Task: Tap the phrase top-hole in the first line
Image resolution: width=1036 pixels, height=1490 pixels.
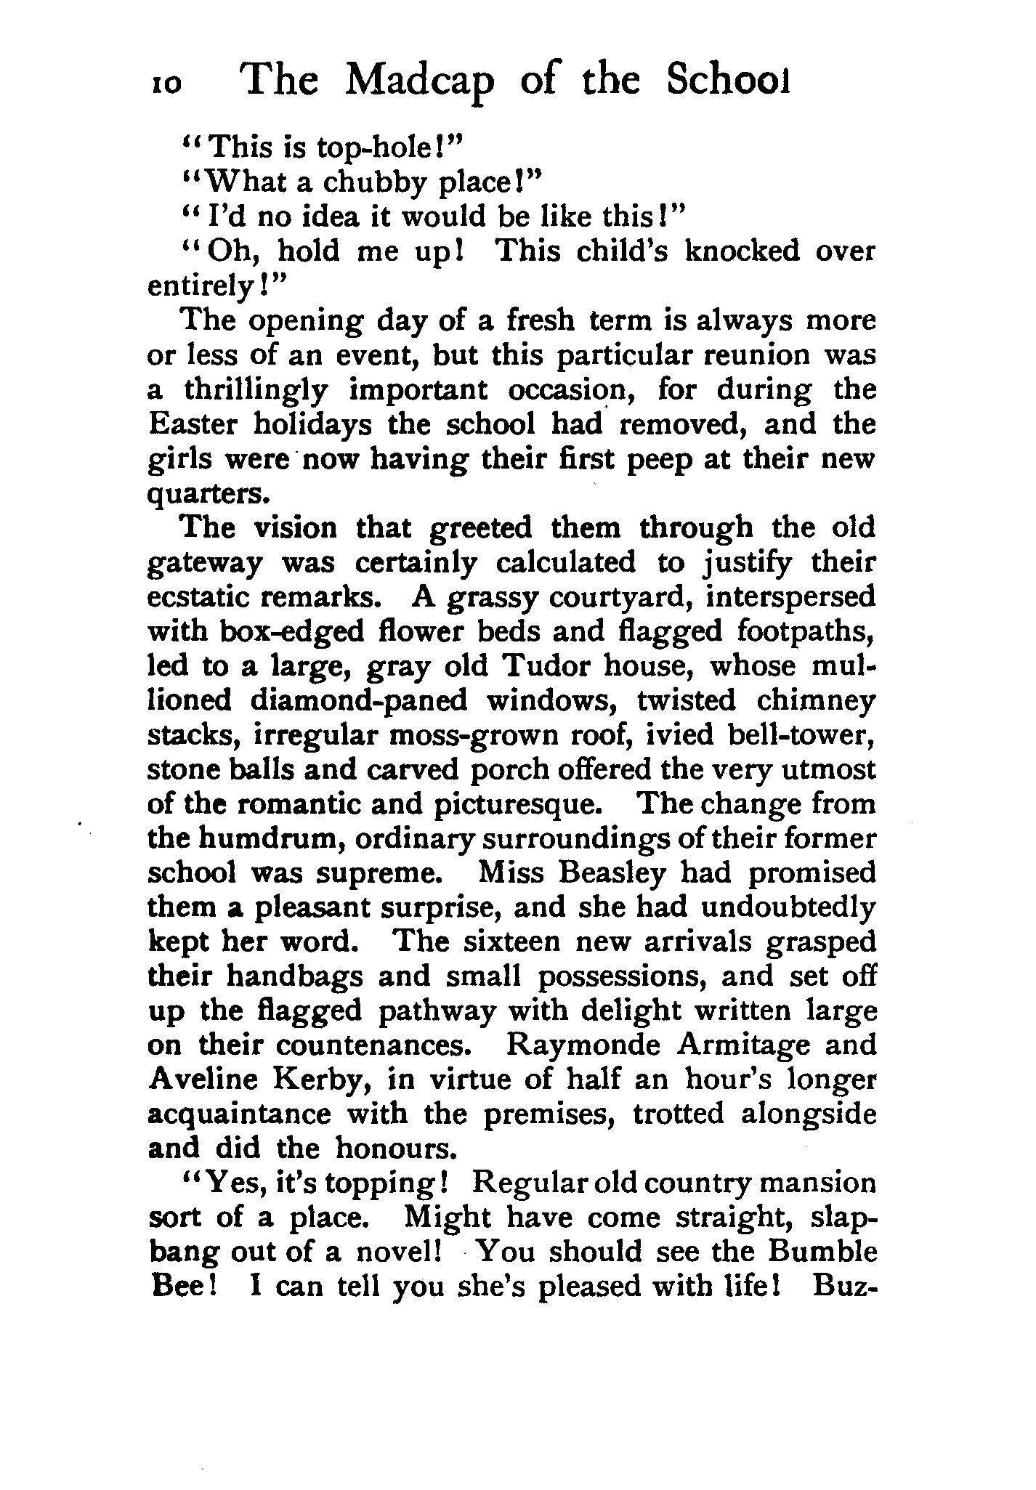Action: [x=376, y=147]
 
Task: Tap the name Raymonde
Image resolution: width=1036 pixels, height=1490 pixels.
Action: [x=583, y=1045]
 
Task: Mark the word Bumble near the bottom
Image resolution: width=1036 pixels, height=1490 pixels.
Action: [x=820, y=1252]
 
